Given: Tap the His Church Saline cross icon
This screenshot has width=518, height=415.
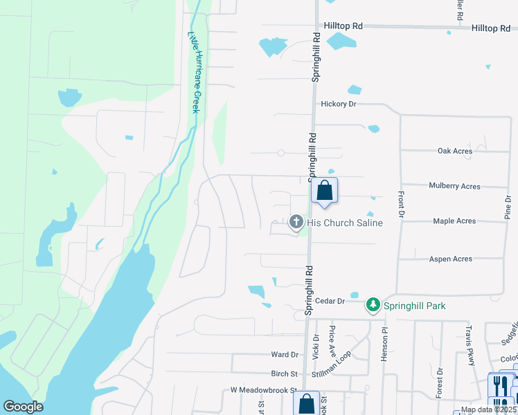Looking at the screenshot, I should point(296,222).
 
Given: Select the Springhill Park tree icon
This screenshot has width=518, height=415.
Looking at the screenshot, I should point(373,305).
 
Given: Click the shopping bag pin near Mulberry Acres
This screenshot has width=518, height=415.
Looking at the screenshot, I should point(324,191).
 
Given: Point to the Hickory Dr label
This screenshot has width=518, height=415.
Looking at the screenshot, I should point(338,104).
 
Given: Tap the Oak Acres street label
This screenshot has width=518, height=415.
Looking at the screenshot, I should point(455,151).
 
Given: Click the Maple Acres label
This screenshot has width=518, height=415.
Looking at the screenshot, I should point(454,221).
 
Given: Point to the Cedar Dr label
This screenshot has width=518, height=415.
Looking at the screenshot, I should point(330,301).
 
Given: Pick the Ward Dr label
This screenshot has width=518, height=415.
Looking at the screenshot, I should point(284,354).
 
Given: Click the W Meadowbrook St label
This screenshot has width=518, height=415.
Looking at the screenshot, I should point(263,390).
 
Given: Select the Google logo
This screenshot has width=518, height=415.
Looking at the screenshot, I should point(24,407).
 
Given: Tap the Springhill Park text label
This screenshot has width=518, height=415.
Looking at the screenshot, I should point(416,305).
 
